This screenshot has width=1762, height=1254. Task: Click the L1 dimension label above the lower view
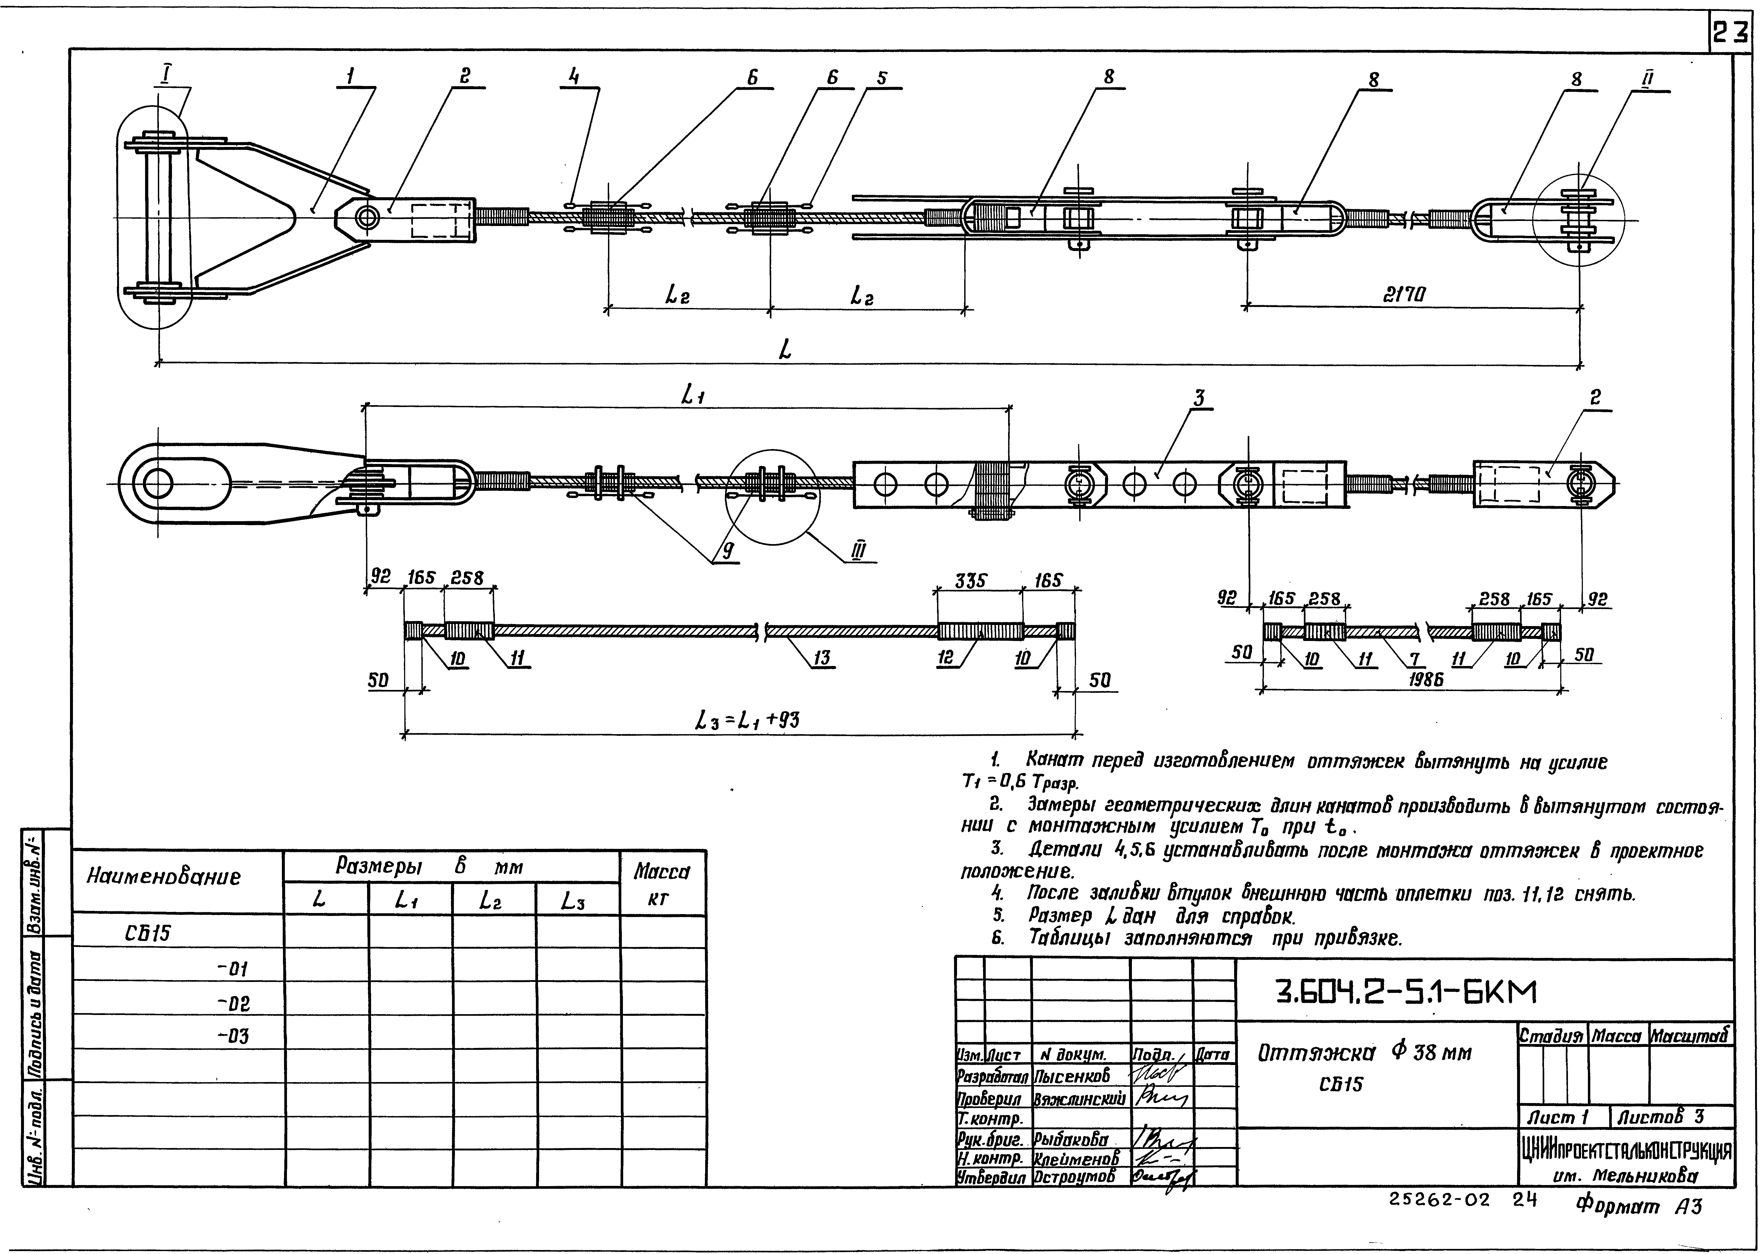pyautogui.click(x=692, y=395)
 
